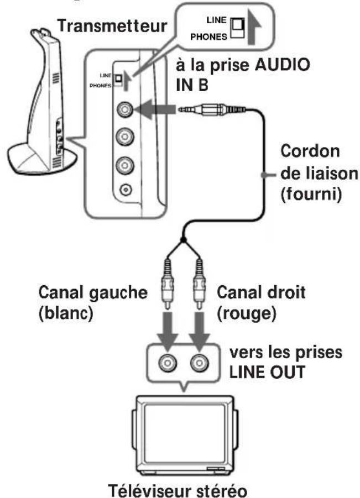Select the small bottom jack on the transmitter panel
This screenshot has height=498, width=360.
[126, 190]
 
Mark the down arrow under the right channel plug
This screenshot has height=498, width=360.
[199, 327]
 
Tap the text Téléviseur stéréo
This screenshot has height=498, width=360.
[181, 484]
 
